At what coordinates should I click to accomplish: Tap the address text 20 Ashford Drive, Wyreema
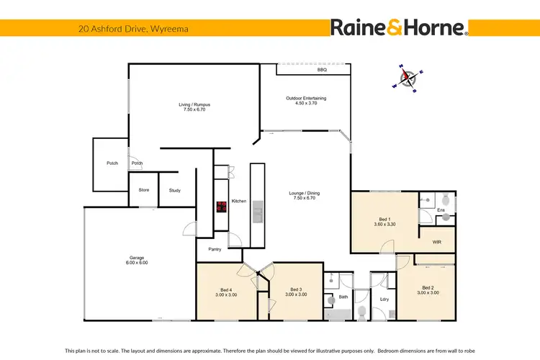click(123, 30)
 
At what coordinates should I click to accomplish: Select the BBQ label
click(322, 71)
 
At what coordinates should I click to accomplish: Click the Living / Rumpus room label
click(194, 107)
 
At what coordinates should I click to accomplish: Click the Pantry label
click(215, 249)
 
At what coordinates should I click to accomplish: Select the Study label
click(175, 191)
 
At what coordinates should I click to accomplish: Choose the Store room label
click(143, 191)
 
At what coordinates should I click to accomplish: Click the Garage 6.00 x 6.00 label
click(138, 260)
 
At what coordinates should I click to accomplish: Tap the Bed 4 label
click(226, 292)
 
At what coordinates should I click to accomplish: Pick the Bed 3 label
click(296, 292)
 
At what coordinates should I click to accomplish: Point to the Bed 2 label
click(430, 289)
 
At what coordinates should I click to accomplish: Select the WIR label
click(436, 243)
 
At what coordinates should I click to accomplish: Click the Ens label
click(440, 210)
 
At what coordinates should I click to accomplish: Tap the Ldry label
click(384, 299)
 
